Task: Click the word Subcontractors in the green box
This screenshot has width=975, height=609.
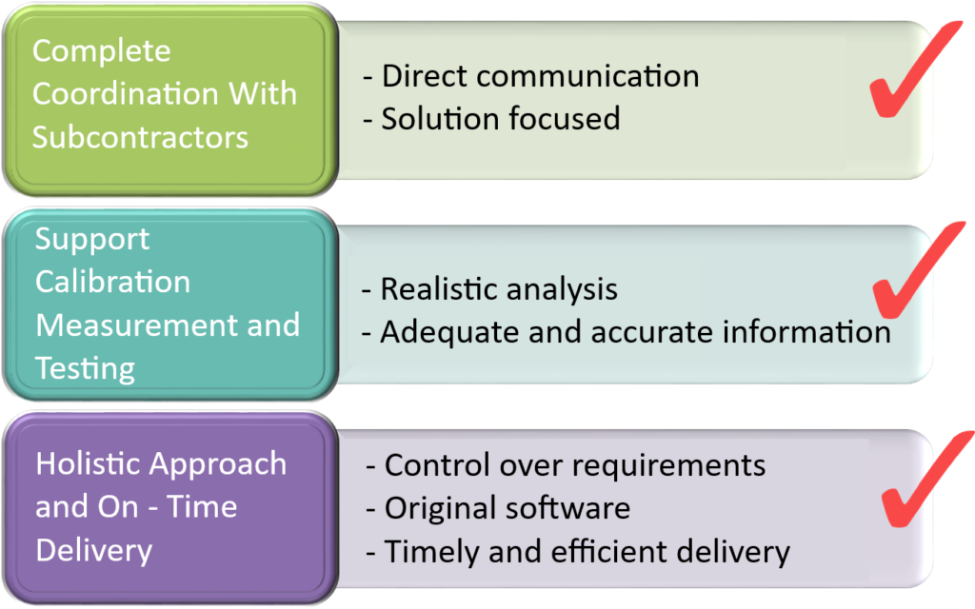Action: (140, 136)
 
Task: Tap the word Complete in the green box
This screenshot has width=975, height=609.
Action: (101, 51)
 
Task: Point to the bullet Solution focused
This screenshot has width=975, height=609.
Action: (500, 118)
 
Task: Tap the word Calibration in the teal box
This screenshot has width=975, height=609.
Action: (112, 282)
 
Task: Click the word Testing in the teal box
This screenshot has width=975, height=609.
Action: (84, 367)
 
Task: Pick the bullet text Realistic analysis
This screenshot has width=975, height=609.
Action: (498, 288)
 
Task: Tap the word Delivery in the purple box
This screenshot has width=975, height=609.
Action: (93, 549)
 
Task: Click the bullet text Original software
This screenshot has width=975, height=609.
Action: (506, 507)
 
